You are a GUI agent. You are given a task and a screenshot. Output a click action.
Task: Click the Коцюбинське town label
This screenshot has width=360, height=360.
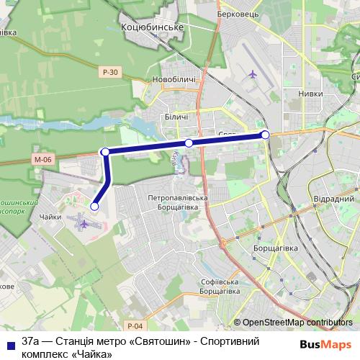[156, 27]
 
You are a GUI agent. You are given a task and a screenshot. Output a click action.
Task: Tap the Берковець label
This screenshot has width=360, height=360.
[239, 13]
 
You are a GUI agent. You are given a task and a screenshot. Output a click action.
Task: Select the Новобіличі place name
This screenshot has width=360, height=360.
[174, 79]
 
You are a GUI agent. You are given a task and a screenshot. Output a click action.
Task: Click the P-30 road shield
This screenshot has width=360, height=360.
[109, 72]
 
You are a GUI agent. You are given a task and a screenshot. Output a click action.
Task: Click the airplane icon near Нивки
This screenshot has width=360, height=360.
[252, 73]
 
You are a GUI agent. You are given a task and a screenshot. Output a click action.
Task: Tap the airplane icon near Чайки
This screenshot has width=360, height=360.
[84, 224]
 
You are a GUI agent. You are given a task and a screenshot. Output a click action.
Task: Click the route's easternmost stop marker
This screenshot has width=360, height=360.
[265, 135]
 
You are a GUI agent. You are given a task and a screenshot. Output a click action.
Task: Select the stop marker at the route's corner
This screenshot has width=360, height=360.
[106, 152]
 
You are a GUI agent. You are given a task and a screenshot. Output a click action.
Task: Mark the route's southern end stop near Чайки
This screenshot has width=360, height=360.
[94, 207]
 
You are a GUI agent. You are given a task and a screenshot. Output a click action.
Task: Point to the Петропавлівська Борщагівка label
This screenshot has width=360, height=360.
[178, 202]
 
